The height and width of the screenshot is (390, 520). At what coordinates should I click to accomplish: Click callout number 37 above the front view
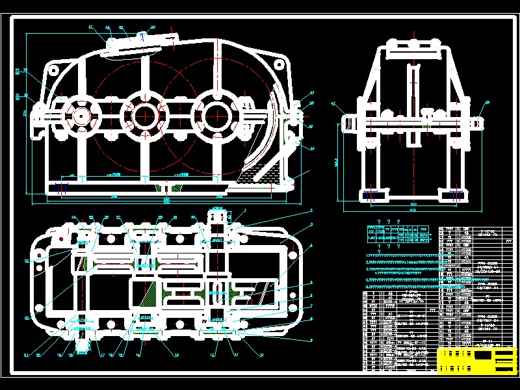coord(91,27)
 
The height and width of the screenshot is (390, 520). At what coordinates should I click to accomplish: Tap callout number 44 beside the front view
coord(311,148)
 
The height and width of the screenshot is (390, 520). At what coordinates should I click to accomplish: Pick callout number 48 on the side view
coord(487,102)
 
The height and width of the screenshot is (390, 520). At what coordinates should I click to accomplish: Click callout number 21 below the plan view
coord(27,355)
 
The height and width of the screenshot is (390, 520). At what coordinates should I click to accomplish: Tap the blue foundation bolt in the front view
coord(63,188)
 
